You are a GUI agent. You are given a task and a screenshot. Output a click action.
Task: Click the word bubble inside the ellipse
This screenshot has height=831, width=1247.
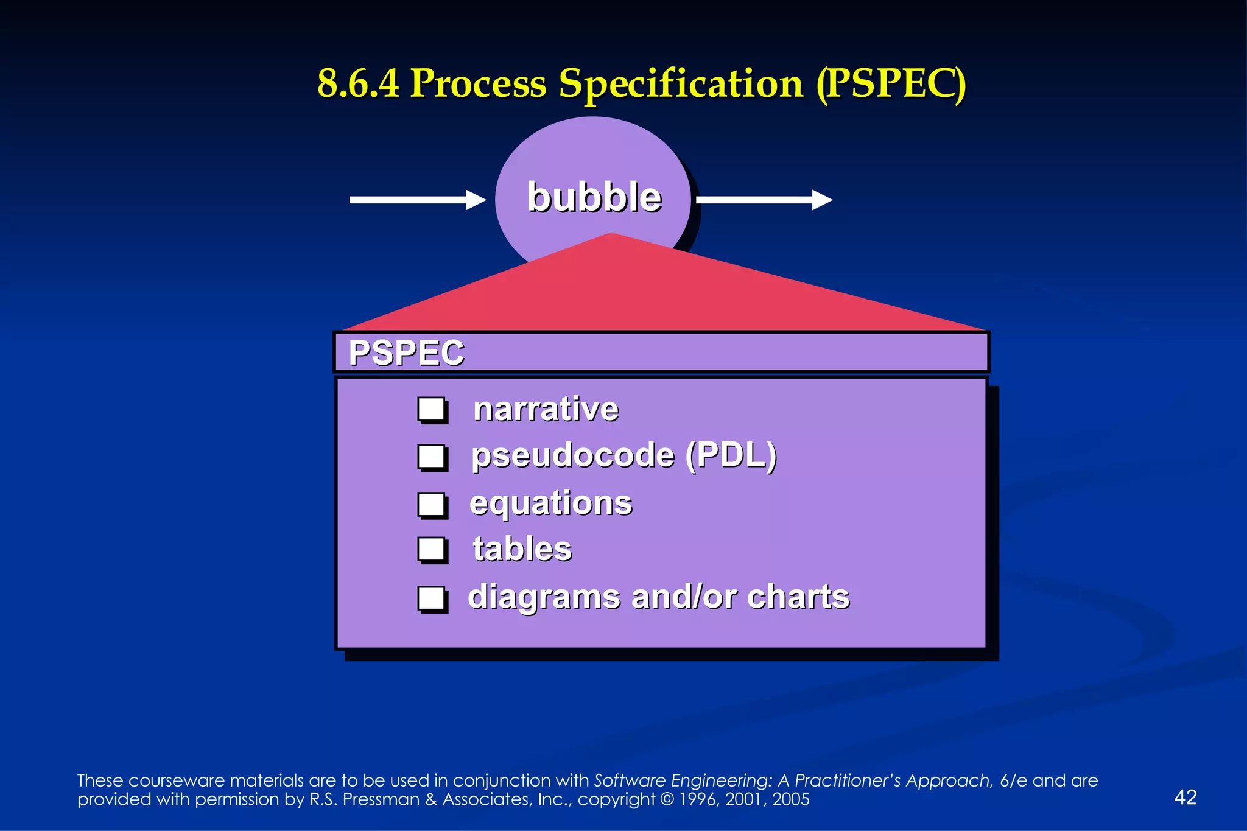pyautogui.click(x=594, y=197)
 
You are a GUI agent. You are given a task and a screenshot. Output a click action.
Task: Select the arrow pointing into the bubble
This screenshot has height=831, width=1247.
pyautogui.click(x=417, y=200)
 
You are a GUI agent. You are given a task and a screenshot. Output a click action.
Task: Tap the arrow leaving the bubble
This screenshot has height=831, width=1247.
pyautogui.click(x=764, y=200)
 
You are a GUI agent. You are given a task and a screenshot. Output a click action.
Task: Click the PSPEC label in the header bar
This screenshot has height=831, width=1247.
pyautogui.click(x=406, y=352)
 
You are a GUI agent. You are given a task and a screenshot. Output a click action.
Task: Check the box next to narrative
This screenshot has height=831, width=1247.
pyautogui.click(x=432, y=410)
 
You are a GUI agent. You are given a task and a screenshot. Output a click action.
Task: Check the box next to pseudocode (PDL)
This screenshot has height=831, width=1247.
pyautogui.click(x=432, y=457)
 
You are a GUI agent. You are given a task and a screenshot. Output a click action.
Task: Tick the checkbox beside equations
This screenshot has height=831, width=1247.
pyautogui.click(x=432, y=505)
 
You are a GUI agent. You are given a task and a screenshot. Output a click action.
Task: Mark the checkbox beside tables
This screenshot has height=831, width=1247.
pyautogui.click(x=432, y=550)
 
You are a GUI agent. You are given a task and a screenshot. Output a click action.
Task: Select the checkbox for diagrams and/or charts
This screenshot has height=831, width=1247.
pyautogui.click(x=432, y=598)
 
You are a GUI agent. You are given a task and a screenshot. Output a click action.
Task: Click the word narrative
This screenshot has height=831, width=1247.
pyautogui.click(x=546, y=408)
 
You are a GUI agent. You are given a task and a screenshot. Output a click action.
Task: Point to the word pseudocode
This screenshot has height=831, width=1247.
pyautogui.click(x=573, y=456)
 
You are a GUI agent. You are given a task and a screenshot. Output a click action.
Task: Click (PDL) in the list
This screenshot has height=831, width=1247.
pyautogui.click(x=731, y=455)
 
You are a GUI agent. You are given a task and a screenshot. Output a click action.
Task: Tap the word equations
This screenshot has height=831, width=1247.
pyautogui.click(x=551, y=503)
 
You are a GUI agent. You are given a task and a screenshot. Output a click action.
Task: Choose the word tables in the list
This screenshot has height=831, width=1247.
pyautogui.click(x=522, y=549)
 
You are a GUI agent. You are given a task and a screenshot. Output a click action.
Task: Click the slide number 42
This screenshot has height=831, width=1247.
pyautogui.click(x=1185, y=797)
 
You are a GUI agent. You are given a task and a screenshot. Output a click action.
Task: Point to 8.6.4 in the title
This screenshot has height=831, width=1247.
pyautogui.click(x=358, y=83)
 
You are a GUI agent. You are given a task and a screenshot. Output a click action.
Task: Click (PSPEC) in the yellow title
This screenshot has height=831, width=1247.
pyautogui.click(x=891, y=84)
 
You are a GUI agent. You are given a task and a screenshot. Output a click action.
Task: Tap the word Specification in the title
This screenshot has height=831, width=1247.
pyautogui.click(x=681, y=84)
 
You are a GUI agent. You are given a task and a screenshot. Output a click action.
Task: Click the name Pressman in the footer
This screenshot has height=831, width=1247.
pyautogui.click(x=381, y=799)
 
